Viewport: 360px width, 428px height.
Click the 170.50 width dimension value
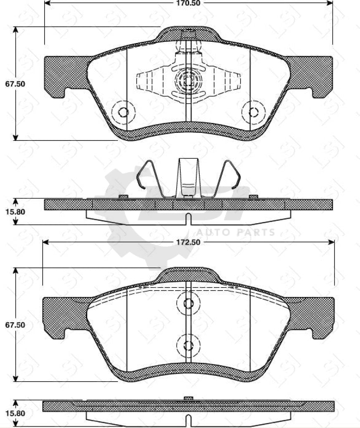[189, 3]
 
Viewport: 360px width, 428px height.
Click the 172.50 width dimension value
[189, 242]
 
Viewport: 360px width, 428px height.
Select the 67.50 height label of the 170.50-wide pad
[15, 84]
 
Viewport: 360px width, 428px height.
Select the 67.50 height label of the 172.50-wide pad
[15, 325]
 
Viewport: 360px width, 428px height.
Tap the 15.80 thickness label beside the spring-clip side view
[15, 211]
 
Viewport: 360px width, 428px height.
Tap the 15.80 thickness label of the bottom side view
[15, 413]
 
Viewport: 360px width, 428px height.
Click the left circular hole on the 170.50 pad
[123, 112]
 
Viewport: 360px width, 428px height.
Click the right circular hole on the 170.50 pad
[254, 112]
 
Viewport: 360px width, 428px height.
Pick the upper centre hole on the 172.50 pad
[188, 303]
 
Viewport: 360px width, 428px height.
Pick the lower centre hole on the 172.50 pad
[188, 345]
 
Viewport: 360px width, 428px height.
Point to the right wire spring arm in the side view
[230, 178]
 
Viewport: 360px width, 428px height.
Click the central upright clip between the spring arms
[188, 178]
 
